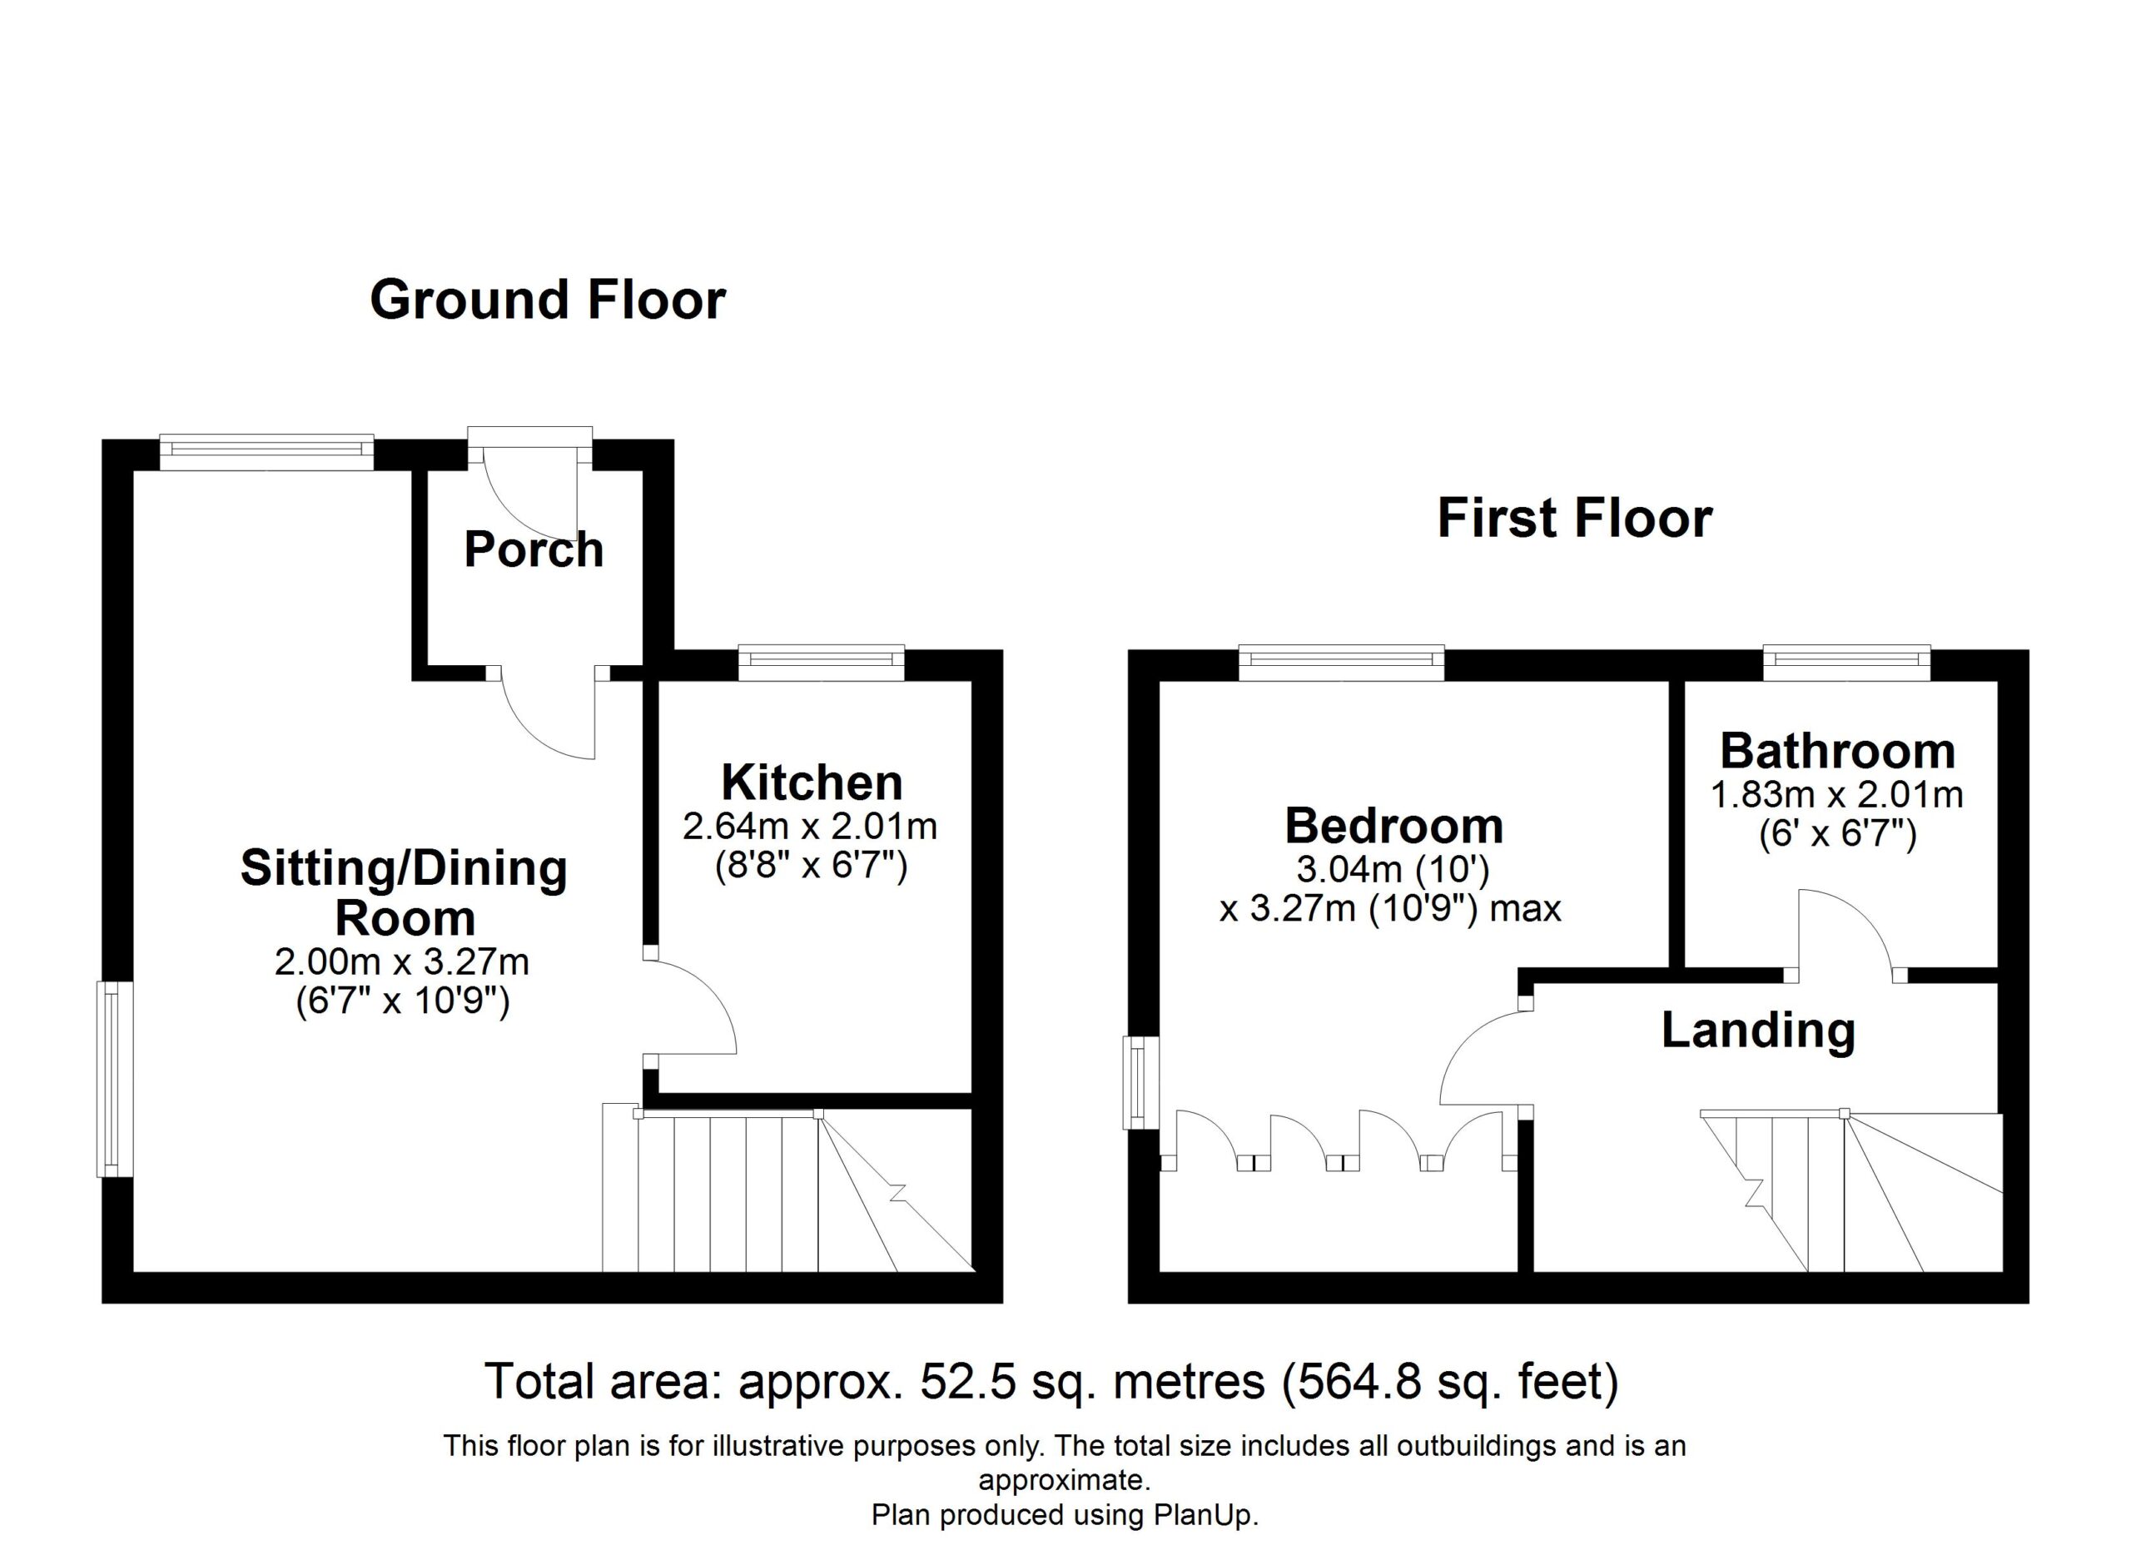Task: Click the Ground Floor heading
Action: click(548, 301)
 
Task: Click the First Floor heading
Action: click(1575, 519)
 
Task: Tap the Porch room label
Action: click(534, 549)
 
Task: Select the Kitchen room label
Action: click(812, 782)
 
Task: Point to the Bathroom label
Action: click(1838, 751)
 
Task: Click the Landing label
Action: click(1758, 1030)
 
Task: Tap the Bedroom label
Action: click(1393, 826)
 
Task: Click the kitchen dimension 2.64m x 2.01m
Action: click(810, 827)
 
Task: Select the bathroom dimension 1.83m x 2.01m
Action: click(1837, 795)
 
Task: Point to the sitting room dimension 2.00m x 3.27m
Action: click(402, 962)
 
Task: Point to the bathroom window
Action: click(1846, 661)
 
